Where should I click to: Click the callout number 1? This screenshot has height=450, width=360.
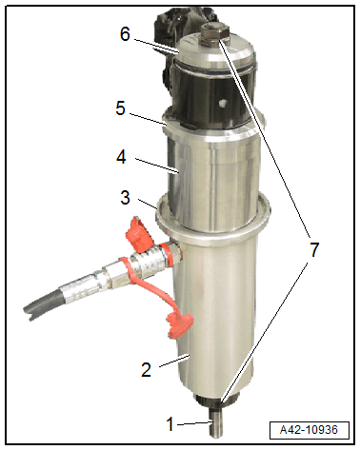[170, 423]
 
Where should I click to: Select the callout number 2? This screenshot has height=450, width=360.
[146, 369]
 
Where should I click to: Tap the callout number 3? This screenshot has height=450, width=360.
[126, 198]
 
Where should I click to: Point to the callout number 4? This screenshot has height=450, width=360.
[121, 157]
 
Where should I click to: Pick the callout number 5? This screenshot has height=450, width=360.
[120, 108]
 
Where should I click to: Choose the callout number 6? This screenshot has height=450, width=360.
[125, 33]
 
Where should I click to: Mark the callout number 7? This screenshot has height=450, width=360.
[314, 249]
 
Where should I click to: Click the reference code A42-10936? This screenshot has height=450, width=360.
[309, 430]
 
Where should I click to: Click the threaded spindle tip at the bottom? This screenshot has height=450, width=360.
[216, 423]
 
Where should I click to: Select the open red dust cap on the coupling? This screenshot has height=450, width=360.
[138, 234]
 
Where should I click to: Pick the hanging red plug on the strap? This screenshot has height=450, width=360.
[179, 325]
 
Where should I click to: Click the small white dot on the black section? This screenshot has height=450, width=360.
[223, 103]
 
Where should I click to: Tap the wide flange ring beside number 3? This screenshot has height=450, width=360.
[213, 222]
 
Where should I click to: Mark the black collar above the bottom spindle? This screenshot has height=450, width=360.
[216, 401]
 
